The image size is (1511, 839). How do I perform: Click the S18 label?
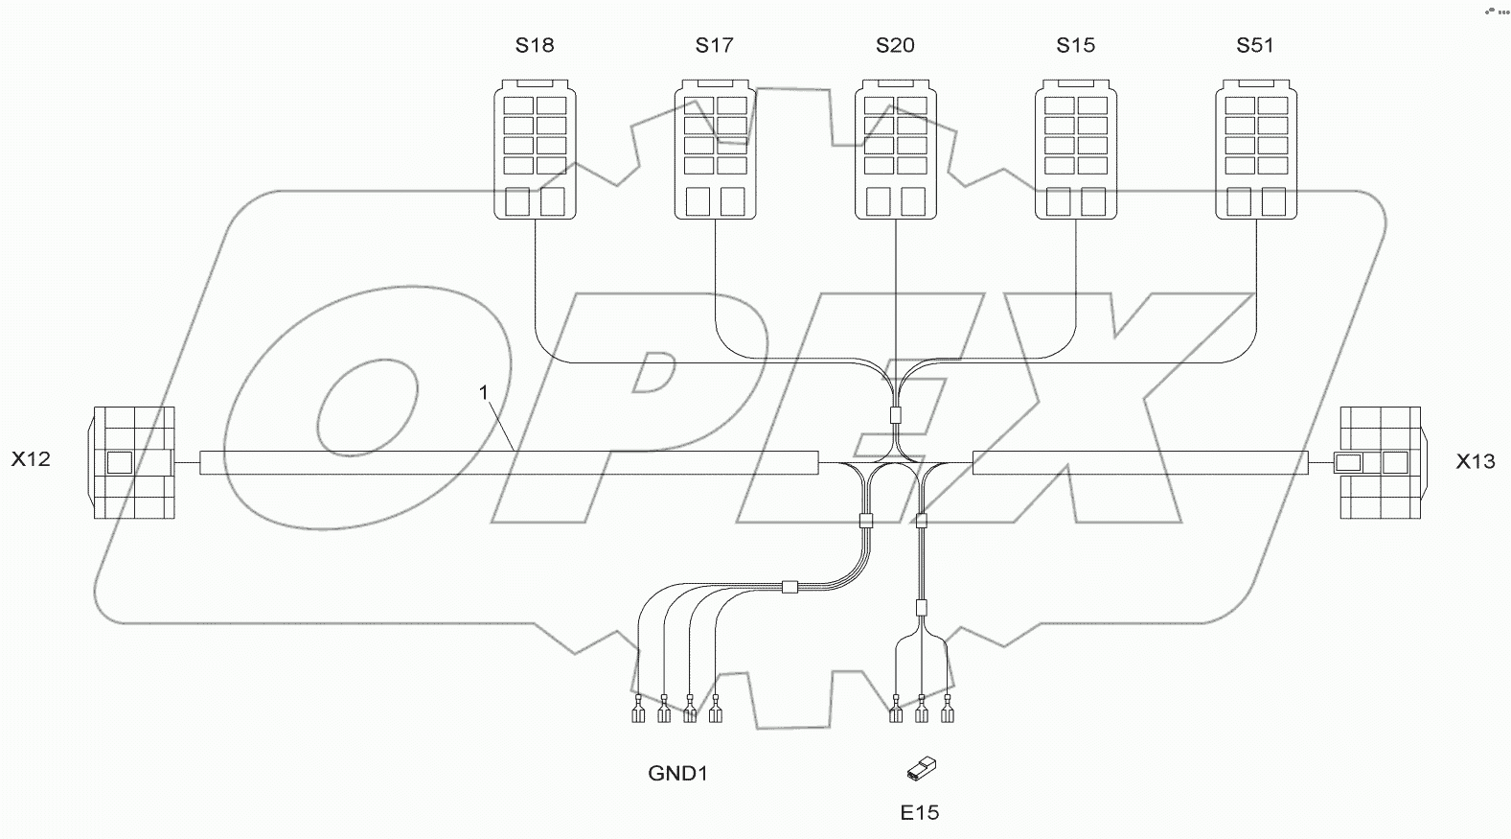click(x=535, y=45)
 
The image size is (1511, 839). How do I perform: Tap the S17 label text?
click(x=715, y=45)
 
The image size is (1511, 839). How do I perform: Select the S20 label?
click(x=895, y=45)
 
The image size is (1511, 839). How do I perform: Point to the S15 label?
click(x=1075, y=45)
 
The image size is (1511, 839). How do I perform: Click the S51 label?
click(x=1255, y=45)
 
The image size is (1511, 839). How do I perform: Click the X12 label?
click(x=31, y=460)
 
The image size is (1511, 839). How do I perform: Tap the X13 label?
click(x=1476, y=462)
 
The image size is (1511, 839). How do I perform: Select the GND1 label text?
click(x=678, y=773)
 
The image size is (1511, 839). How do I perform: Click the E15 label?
click(x=920, y=813)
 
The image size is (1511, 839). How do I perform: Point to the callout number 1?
click(x=485, y=392)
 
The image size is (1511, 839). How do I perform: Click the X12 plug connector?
click(x=134, y=463)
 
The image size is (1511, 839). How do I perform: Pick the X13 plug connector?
click(x=1380, y=463)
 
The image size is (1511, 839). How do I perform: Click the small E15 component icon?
click(x=921, y=768)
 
